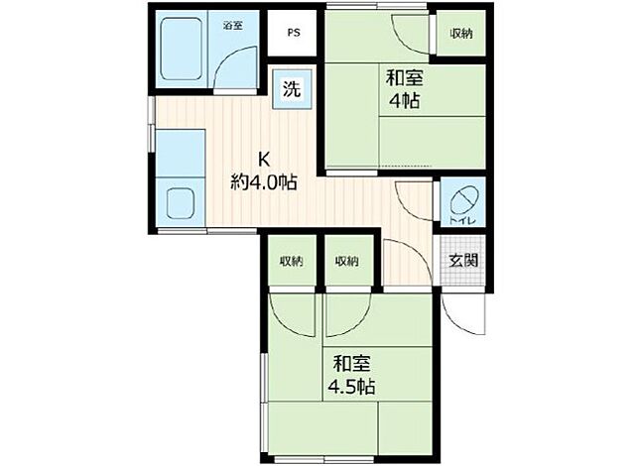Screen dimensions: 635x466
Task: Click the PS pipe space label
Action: [294, 33]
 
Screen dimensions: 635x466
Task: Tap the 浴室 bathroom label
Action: [233, 26]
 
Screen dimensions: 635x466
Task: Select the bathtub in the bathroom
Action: [182, 49]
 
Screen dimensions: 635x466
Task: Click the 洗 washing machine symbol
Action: [292, 88]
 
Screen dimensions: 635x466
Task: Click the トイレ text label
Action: [462, 221]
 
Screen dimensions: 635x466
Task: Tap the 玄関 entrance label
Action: [463, 261]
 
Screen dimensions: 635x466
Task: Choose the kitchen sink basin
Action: [181, 202]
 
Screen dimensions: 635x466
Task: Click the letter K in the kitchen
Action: [264, 160]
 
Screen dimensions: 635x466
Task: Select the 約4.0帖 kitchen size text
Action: [264, 182]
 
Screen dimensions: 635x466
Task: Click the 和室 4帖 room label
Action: [404, 89]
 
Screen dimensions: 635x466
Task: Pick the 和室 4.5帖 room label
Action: [351, 375]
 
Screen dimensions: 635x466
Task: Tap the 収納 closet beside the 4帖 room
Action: [461, 33]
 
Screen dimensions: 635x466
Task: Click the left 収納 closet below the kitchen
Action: [292, 262]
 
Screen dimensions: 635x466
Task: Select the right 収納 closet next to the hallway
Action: [347, 262]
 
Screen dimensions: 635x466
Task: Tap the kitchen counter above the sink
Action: [181, 153]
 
